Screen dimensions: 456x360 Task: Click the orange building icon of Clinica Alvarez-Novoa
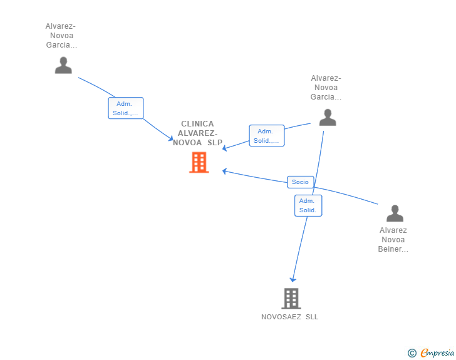point(199,162)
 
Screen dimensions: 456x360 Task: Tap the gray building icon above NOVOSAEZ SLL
point(291,299)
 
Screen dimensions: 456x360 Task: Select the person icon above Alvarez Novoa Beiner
point(395,213)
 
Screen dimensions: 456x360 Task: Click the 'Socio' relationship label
point(301,182)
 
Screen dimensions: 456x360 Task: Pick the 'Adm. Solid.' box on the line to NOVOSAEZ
point(308,205)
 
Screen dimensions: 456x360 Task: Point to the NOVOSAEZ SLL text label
point(289,317)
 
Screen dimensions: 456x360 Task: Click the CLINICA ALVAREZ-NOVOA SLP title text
point(197,133)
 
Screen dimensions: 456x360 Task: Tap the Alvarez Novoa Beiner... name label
point(393,240)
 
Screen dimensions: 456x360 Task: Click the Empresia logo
point(437,352)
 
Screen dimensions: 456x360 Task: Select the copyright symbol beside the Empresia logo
point(412,353)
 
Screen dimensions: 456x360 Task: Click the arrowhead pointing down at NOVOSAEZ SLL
point(293,280)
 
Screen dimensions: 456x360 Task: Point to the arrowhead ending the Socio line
point(224,171)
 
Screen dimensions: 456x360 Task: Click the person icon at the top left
point(63,65)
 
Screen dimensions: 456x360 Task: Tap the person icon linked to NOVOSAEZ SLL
point(328,117)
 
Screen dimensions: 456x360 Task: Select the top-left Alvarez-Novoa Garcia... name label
point(61,36)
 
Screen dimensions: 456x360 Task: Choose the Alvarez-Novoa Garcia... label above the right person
point(326,88)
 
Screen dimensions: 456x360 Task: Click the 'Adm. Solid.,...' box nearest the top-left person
point(126,108)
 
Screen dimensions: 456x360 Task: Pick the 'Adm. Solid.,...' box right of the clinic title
point(267,136)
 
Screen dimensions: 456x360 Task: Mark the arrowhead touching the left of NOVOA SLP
point(171,138)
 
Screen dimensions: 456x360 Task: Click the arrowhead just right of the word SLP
point(224,148)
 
